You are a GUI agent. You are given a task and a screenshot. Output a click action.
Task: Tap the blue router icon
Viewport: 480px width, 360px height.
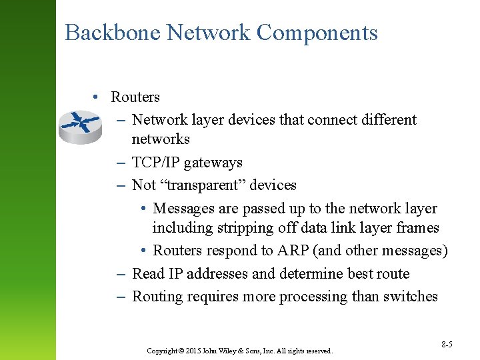(x=79, y=126)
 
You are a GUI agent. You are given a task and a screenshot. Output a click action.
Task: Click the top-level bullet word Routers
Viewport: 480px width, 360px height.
(x=135, y=97)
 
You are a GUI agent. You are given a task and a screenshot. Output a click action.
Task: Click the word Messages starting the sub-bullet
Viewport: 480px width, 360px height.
(x=183, y=209)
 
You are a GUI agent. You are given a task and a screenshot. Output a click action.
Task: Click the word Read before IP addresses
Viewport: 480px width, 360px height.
(x=148, y=274)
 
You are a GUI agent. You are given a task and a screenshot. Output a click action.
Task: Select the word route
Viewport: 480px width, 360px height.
(x=393, y=274)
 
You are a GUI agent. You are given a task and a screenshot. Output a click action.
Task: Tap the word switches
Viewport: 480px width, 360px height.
(x=410, y=297)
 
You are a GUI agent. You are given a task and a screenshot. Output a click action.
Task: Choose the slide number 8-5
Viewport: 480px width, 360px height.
(x=447, y=344)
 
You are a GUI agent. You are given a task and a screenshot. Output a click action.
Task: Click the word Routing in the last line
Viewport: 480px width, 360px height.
(x=157, y=297)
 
